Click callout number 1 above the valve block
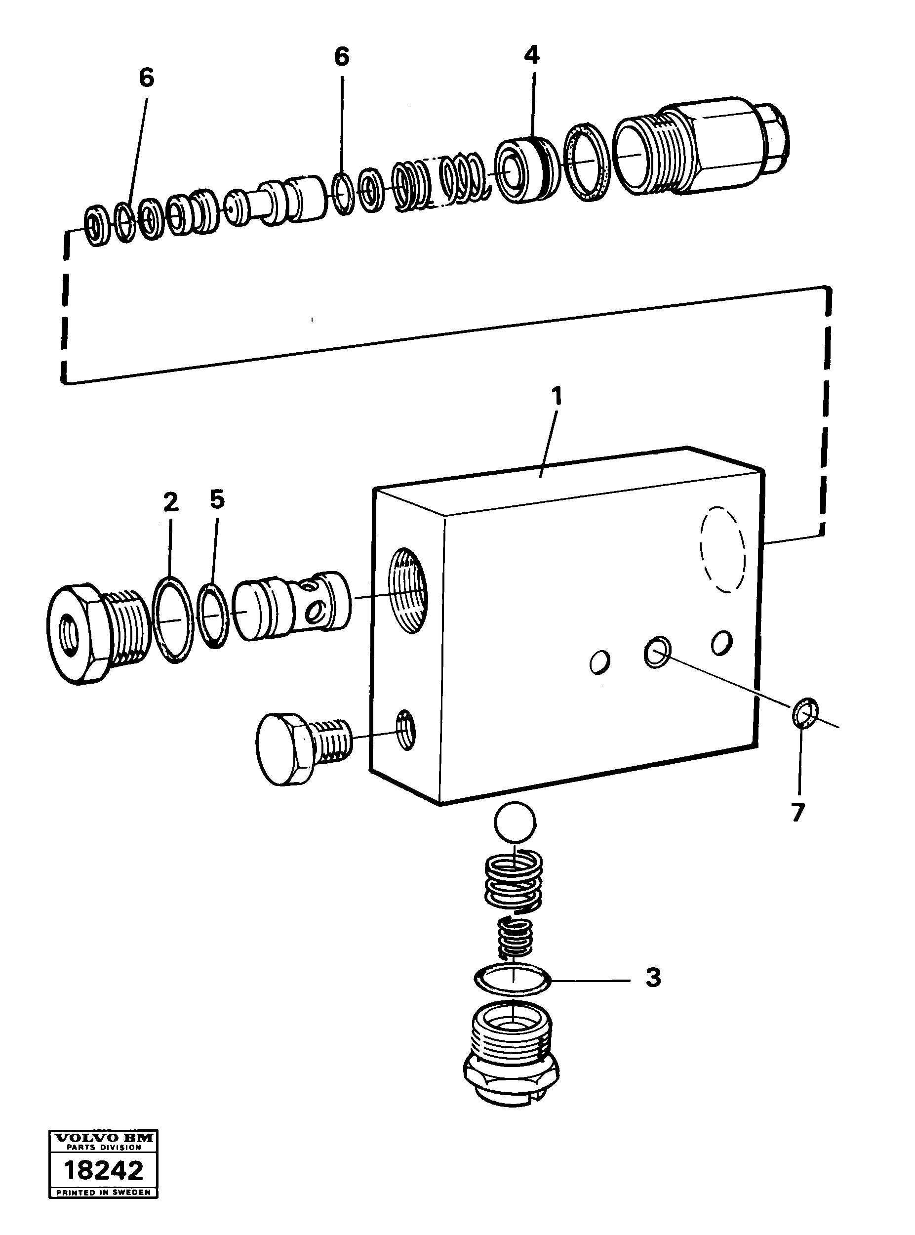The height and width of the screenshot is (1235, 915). coord(556,396)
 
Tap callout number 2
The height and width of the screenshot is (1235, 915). coord(170,502)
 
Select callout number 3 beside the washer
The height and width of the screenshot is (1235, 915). coord(654,978)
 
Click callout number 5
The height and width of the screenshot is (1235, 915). coord(217,500)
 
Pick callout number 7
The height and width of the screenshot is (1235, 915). coord(797,812)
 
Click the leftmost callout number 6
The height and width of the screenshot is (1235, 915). coord(146,78)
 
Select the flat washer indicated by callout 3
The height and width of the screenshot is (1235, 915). coord(513,980)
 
